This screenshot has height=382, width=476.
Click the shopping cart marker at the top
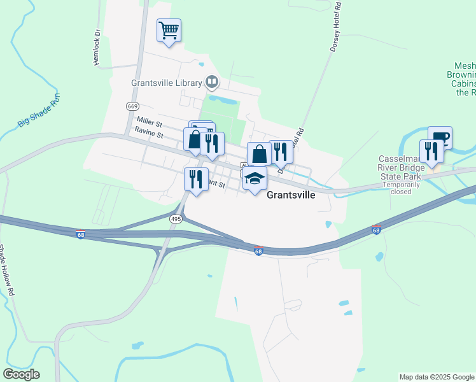169,30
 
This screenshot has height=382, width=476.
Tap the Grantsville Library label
166,83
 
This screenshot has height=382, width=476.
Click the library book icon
212,81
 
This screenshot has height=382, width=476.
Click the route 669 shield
132,106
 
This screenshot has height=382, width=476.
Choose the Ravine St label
149,134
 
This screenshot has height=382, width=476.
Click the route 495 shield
176,218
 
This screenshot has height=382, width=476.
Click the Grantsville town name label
290,195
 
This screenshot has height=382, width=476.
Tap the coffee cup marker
440,138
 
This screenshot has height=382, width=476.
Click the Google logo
20,374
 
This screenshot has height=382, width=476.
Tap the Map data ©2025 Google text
437,377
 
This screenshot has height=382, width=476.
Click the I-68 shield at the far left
80,234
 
